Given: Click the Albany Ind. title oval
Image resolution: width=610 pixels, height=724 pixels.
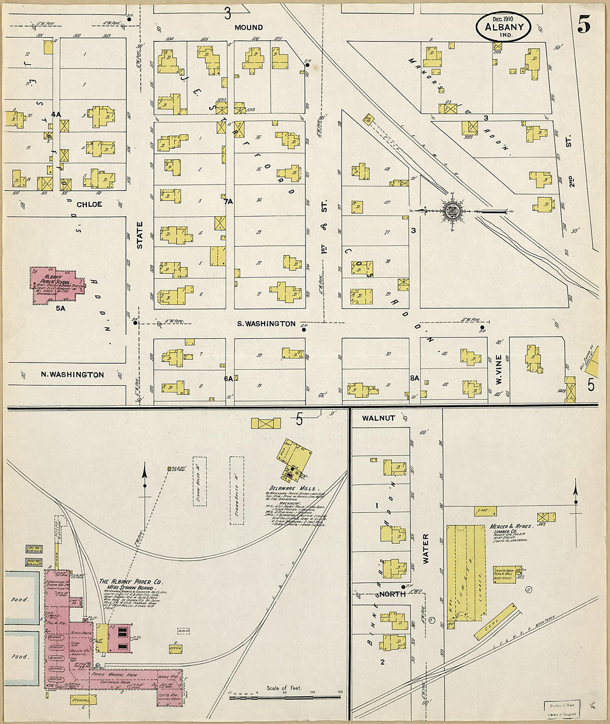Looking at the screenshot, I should [x=503, y=27].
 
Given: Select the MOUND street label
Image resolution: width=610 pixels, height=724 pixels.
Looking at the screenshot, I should [x=248, y=27].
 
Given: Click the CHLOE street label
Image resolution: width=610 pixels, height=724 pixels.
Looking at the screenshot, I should [x=89, y=205].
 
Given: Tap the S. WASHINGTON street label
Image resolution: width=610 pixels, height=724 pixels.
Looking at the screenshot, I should [x=266, y=324].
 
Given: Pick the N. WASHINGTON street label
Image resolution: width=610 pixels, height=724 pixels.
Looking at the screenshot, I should [x=72, y=375].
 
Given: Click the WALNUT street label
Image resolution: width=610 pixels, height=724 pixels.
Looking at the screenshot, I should [x=378, y=418].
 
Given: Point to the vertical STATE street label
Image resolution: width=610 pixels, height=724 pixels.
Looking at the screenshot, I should [x=140, y=235].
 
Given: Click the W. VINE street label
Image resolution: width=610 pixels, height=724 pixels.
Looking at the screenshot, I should [x=498, y=370].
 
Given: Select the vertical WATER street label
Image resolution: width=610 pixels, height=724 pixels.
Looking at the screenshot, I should [x=426, y=549].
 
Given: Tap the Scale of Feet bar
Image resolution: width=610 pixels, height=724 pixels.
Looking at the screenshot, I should [x=285, y=695].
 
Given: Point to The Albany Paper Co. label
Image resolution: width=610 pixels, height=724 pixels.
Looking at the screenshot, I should [x=130, y=582].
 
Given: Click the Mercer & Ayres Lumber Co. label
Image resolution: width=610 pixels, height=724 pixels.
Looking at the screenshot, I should [x=510, y=527].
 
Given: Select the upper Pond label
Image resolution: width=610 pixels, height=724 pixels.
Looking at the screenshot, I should [x=19, y=600].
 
